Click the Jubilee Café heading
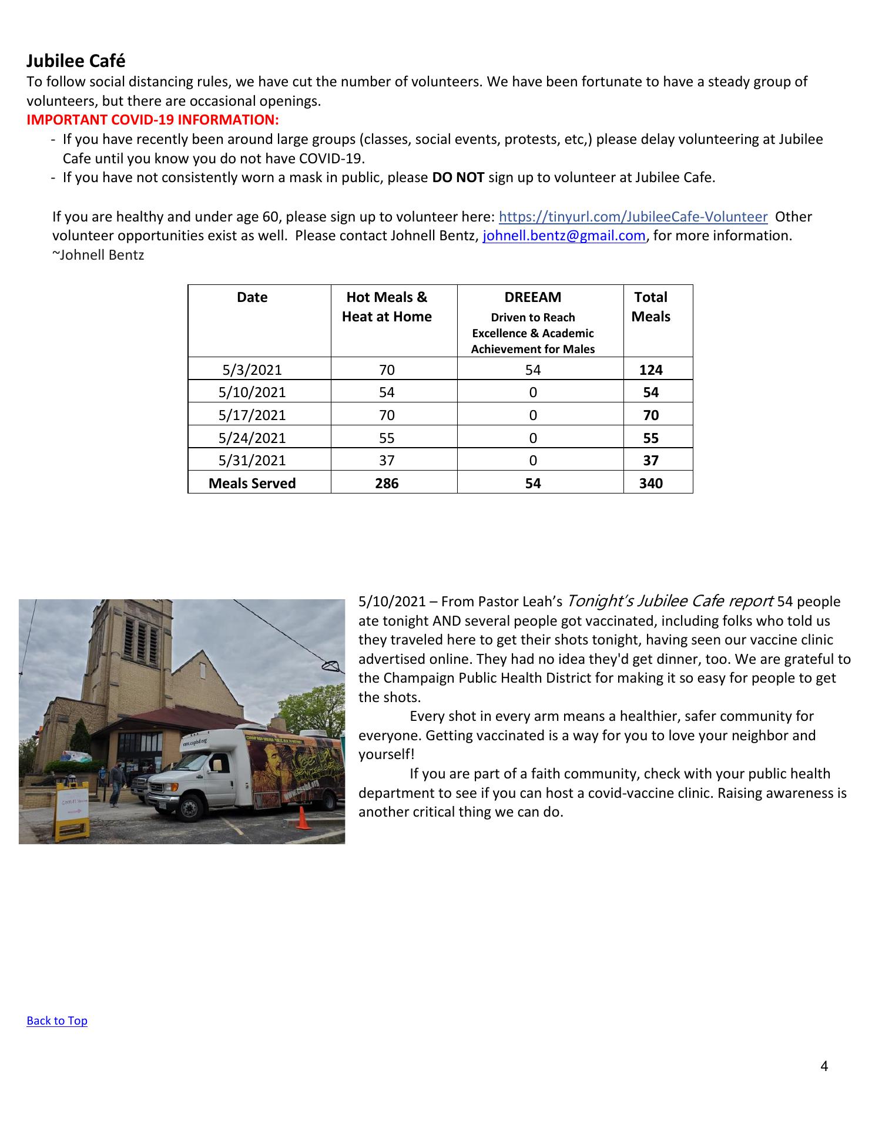click(x=76, y=61)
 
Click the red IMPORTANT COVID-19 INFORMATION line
click(x=153, y=120)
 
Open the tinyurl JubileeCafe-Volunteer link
click(x=633, y=217)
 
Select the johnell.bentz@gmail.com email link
click(x=564, y=236)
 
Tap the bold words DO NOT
click(x=458, y=177)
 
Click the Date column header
click(x=252, y=297)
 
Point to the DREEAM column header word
click(x=532, y=297)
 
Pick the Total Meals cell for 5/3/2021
click(x=650, y=370)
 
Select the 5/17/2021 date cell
click(x=252, y=415)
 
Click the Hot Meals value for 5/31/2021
click(x=387, y=461)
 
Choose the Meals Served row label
click(x=252, y=484)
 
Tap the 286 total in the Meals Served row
click(x=387, y=484)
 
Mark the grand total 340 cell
click(x=650, y=484)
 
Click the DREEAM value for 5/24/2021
click(x=532, y=438)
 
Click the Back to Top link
click(x=57, y=1020)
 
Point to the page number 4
click(x=824, y=1066)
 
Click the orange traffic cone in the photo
click(x=303, y=818)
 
